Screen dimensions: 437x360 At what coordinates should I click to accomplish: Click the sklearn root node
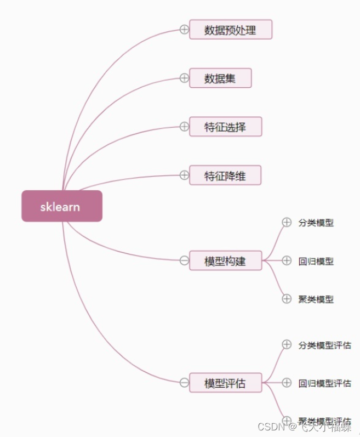coord(61,206)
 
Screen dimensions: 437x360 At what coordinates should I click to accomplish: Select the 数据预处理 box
coord(230,30)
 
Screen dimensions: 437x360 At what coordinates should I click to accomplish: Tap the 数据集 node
coord(220,78)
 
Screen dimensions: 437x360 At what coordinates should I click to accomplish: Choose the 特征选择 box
coord(225,127)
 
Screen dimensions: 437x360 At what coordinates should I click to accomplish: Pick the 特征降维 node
coord(225,175)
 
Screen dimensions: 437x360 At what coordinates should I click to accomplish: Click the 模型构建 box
coord(225,261)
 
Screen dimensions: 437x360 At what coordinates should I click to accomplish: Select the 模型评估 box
coord(225,383)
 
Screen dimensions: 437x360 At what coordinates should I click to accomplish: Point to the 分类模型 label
coord(316,223)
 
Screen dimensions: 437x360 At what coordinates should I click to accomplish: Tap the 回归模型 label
coord(316,261)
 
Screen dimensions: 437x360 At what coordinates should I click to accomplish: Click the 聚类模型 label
coord(316,299)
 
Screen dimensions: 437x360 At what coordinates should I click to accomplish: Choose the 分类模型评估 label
coord(325,345)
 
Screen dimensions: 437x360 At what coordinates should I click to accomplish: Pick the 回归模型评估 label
coord(325,383)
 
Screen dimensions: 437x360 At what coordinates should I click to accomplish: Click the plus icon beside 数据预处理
coord(184,30)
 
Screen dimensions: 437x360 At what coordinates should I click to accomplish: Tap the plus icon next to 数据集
coord(184,78)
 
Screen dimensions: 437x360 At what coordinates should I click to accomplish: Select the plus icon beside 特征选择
coord(184,127)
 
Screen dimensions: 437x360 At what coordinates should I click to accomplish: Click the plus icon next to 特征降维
coord(184,175)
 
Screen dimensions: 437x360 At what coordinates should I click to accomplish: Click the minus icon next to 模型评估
coord(184,383)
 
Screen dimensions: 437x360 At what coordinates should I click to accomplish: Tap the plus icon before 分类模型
coord(287,222)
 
